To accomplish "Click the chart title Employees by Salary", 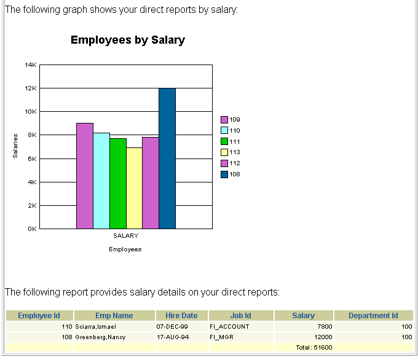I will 127,41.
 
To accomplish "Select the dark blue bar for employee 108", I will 167,158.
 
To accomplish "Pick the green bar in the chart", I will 118,183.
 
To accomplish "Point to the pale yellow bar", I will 134,188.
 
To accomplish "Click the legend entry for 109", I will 231,119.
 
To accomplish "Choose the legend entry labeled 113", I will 231,152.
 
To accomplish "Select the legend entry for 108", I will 231,174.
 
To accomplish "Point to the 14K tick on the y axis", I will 31,65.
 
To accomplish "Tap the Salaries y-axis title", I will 15,146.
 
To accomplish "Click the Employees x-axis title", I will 125,249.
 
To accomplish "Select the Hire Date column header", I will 181,316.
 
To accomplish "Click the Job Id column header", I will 240,316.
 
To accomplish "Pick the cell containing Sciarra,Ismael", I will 96,327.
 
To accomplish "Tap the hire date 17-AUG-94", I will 172,337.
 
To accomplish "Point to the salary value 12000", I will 322,337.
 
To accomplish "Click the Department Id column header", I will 373,316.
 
